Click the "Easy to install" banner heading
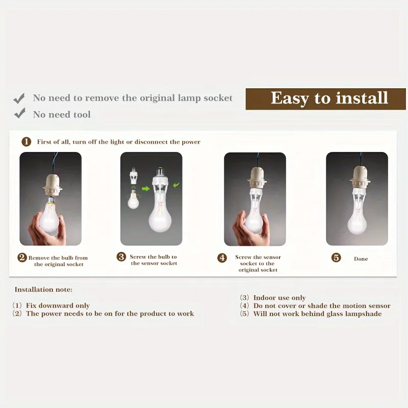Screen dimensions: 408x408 [329, 98]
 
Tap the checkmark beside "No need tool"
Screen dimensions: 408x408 [19, 113]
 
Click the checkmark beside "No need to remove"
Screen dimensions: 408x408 [19, 98]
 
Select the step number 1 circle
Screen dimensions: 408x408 [27, 142]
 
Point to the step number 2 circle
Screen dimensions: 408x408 [22, 258]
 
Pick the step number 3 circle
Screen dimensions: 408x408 [121, 257]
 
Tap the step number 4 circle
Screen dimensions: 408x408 [222, 258]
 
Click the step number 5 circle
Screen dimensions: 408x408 [336, 258]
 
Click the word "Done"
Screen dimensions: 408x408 [361, 259]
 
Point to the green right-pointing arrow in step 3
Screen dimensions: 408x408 [146, 188]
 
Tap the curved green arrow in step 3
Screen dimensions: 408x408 [176, 185]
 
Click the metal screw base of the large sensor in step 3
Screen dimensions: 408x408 [160, 171]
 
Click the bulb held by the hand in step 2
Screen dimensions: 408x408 [50, 215]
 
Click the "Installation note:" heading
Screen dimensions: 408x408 [43, 290]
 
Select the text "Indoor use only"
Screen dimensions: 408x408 [279, 298]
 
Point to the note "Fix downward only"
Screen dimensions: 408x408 [58, 305]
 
